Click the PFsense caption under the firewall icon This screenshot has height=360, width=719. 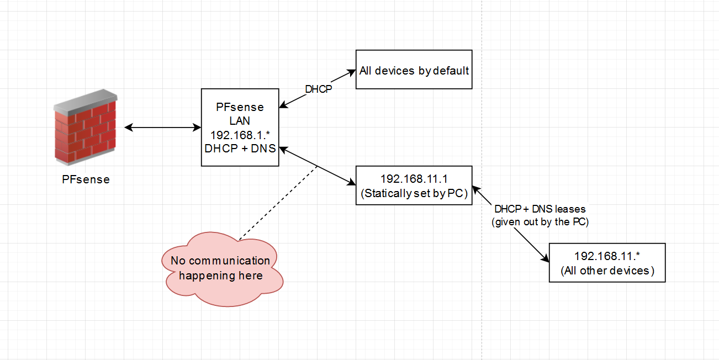[86, 179]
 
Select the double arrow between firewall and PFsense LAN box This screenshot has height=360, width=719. [163, 128]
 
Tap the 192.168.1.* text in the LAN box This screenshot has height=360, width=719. [240, 134]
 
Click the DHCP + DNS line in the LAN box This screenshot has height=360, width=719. [240, 148]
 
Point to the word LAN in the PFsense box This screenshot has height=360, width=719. [240, 121]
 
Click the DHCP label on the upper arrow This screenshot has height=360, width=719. [319, 89]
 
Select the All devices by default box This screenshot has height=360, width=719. [414, 71]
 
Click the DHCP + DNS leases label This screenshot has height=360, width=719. [540, 209]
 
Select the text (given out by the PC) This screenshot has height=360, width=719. [540, 222]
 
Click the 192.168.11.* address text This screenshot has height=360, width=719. [607, 256]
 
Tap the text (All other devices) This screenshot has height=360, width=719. [607, 271]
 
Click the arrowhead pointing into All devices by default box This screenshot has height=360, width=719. [350, 72]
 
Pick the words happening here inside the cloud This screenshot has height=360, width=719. [221, 276]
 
